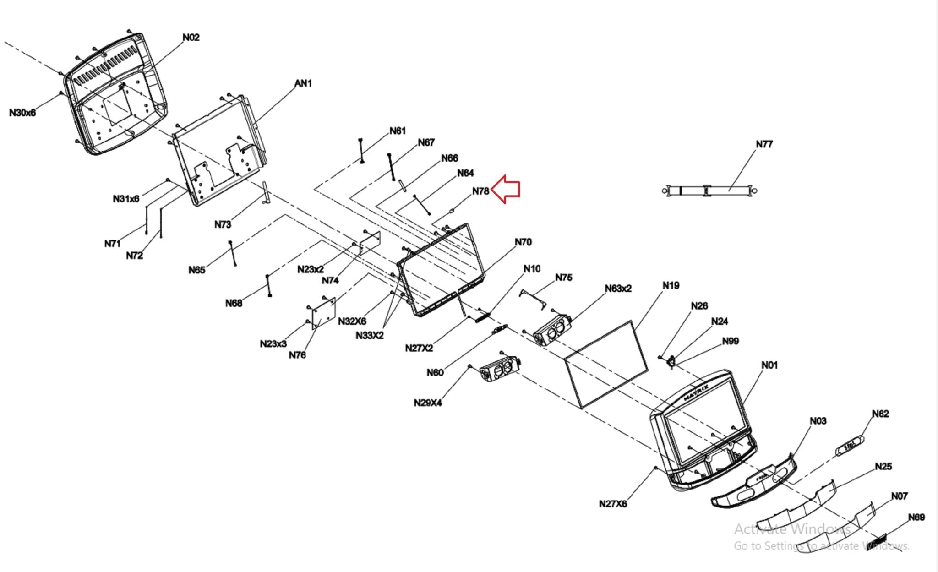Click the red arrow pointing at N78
[506, 189]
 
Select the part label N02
[191, 38]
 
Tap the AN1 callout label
[303, 83]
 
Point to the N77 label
[764, 144]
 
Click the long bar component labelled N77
[709, 191]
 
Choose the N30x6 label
[22, 113]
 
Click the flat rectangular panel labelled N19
[606, 364]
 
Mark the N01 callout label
[769, 365]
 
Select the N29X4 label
[428, 403]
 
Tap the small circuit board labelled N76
[324, 313]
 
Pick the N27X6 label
[613, 504]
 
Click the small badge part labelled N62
[850, 445]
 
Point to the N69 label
[916, 517]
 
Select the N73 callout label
[223, 224]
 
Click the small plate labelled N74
[370, 243]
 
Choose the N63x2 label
[618, 289]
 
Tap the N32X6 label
[352, 321]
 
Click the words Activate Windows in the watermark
[792, 529]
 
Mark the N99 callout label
[730, 341]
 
